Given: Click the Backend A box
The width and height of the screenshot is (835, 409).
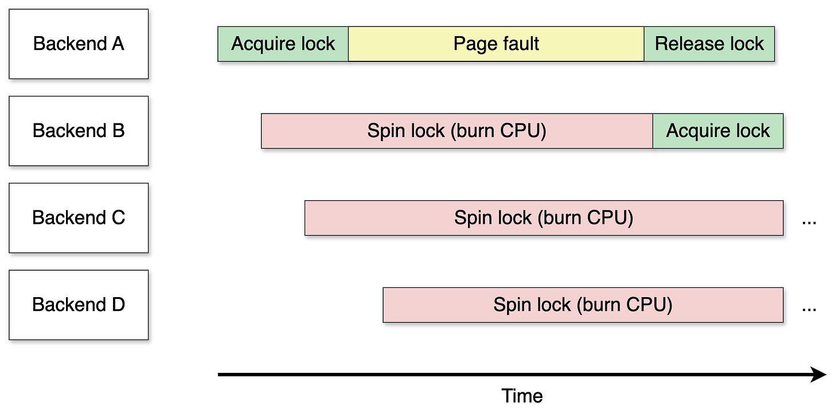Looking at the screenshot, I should click(79, 44).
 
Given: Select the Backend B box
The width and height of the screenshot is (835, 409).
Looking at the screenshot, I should click(79, 131).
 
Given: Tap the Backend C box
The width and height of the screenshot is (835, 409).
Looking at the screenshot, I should click(79, 218).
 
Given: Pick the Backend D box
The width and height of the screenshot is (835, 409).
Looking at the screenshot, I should click(79, 305).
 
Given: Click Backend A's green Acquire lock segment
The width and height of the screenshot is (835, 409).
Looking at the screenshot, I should click(283, 44).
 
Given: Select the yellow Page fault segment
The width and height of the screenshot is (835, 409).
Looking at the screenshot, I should click(496, 44).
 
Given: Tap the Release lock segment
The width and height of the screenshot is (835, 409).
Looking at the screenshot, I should click(709, 44).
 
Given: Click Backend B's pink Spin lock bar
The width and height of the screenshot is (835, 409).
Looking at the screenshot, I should click(457, 131).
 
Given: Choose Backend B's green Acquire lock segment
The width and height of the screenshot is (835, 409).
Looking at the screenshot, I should click(718, 131).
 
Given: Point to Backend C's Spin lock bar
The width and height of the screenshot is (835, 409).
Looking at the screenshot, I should click(544, 218).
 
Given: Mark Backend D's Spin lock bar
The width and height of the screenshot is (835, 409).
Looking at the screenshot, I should click(583, 305).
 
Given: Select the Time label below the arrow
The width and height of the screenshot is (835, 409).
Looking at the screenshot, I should click(522, 396).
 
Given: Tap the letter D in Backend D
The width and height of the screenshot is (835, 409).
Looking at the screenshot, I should click(118, 305).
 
